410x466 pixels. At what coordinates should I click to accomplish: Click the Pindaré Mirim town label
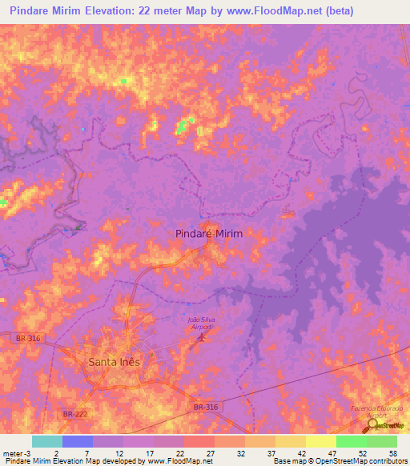pos(207,233)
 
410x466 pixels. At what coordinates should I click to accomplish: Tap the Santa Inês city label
pos(113,361)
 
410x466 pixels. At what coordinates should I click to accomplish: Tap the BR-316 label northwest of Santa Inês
pos(26,339)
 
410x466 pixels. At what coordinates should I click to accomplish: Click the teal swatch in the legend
pos(46,441)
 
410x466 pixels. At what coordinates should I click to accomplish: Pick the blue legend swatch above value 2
pos(77,441)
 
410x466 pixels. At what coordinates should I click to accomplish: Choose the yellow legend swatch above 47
pos(320,441)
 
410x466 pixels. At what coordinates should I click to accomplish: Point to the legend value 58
pos(392,452)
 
